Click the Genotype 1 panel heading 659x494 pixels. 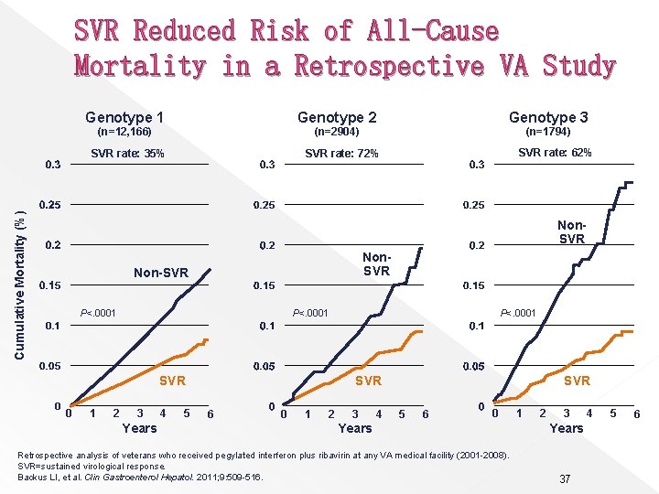(x=124, y=117)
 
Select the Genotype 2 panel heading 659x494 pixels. (x=337, y=117)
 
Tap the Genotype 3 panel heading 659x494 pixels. (x=548, y=117)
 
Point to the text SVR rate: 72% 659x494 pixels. (x=341, y=154)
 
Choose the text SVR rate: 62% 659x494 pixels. (x=555, y=153)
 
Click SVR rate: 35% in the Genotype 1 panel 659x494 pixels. (x=128, y=154)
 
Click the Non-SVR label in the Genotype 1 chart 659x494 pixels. (x=161, y=273)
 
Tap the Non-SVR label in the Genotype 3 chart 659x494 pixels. (x=571, y=231)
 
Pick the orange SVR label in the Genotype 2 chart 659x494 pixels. (x=368, y=381)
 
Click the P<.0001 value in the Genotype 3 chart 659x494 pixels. (x=517, y=314)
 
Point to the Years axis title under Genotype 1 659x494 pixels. (x=139, y=428)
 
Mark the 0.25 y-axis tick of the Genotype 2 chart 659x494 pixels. (x=266, y=205)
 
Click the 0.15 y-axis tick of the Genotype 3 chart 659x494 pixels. (x=473, y=286)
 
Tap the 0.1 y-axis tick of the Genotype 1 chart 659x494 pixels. (x=51, y=327)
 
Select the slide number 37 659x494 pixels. (x=566, y=479)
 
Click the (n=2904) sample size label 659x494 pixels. (x=337, y=133)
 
